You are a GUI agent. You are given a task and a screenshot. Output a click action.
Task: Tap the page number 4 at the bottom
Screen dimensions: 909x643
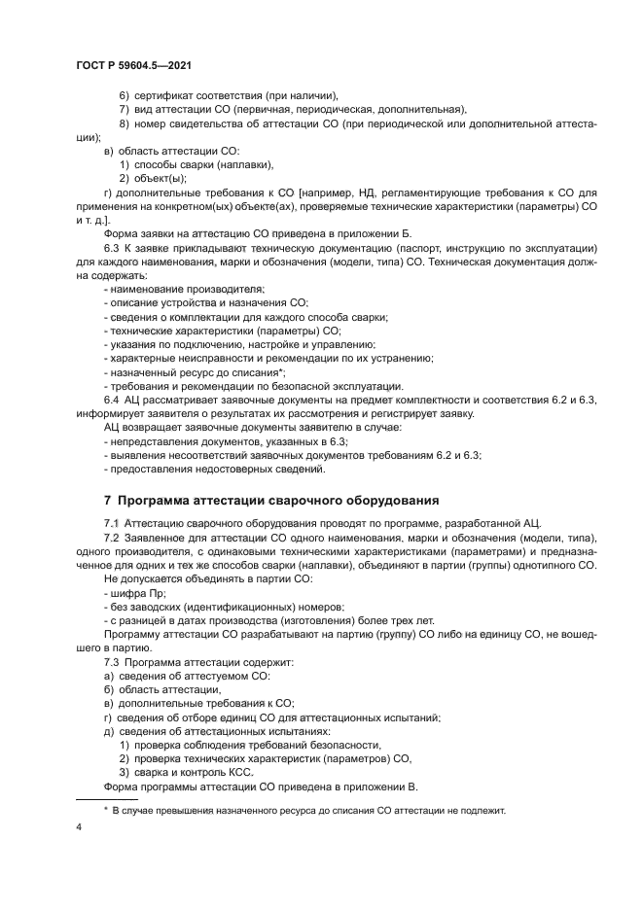click(77, 827)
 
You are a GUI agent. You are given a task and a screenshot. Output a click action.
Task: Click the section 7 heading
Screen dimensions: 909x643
click(271, 500)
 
